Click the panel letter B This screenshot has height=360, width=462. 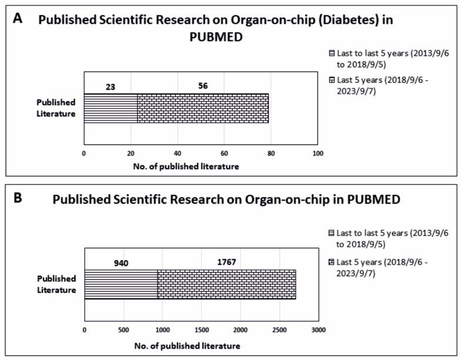coord(18,198)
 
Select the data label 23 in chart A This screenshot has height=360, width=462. coord(110,86)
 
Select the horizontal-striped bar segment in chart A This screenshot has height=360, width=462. coord(111,108)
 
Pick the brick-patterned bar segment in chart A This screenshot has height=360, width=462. coord(203,108)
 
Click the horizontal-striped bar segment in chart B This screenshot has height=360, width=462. coord(121,284)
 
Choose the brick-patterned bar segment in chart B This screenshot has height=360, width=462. coord(226,284)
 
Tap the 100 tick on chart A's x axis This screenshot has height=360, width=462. coord(318,154)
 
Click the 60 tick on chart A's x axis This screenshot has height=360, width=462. coord(225,154)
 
